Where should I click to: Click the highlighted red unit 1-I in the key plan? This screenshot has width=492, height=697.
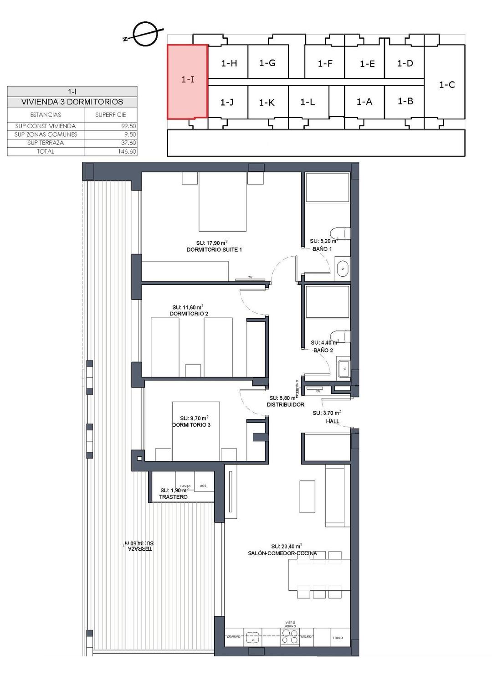(188, 81)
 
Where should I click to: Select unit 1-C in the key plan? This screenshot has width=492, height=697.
(446, 85)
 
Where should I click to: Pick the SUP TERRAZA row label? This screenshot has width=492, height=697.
(46, 143)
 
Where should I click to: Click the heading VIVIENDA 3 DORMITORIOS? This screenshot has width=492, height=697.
(72, 102)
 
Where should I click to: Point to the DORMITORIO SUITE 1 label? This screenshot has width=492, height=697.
(214, 249)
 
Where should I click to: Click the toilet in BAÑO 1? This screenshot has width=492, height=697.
(342, 233)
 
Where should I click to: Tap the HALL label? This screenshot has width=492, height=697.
(333, 421)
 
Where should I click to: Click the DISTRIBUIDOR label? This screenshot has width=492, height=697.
(285, 404)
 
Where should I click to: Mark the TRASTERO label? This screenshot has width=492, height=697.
(173, 497)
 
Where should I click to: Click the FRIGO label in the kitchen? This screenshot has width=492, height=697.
(338, 638)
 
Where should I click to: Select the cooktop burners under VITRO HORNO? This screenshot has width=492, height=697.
(290, 637)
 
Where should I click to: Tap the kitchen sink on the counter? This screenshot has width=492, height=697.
(252, 637)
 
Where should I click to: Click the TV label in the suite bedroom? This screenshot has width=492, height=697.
(250, 277)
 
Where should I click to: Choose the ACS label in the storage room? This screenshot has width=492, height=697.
(203, 486)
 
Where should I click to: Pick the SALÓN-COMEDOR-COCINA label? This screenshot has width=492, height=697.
(282, 553)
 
